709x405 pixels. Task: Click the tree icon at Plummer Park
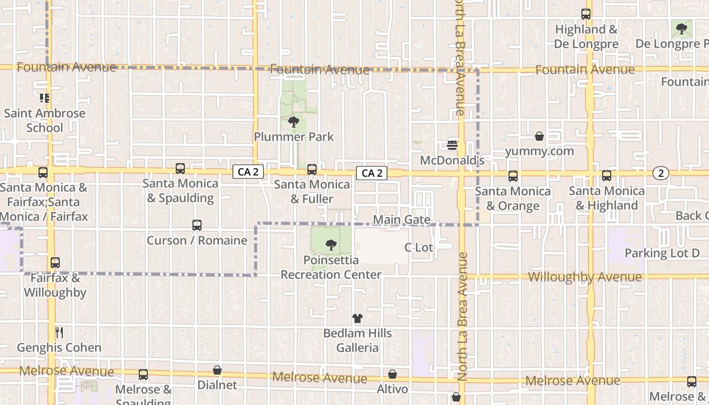tap(293, 122)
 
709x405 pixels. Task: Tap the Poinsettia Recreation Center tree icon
tap(331, 246)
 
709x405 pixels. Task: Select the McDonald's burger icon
tap(452, 146)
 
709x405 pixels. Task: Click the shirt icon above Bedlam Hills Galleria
tap(358, 318)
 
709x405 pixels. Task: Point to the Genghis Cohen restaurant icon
tap(59, 333)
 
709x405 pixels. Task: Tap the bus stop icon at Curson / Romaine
tap(197, 225)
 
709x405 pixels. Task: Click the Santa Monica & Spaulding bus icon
tap(180, 169)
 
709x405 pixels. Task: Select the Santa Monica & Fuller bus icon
tap(312, 170)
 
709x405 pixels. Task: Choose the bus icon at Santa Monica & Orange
tap(513, 176)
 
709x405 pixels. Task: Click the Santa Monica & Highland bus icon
tap(606, 176)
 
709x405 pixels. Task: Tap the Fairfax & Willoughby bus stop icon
tap(55, 263)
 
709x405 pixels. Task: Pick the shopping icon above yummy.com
tap(539, 136)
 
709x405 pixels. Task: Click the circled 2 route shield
tap(660, 173)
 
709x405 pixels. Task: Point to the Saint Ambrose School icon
tap(45, 98)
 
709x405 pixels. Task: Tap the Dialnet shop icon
tap(217, 371)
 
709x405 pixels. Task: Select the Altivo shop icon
tap(392, 374)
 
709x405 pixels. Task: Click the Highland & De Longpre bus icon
tap(586, 15)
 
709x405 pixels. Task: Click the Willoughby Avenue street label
tap(584, 277)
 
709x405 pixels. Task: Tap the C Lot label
tap(419, 248)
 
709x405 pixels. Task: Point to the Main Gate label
tap(402, 220)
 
